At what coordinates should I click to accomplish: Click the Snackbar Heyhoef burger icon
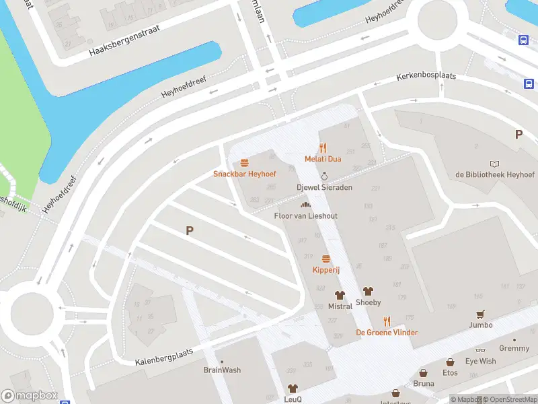[x=244, y=162]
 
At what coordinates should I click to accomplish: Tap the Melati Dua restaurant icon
[x=323, y=148]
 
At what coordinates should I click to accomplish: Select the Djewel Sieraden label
[x=324, y=187]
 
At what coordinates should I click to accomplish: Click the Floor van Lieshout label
[x=305, y=215]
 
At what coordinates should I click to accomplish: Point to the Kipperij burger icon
[x=326, y=259]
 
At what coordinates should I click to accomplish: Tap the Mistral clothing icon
[x=340, y=295]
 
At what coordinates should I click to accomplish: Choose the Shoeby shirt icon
[x=368, y=292]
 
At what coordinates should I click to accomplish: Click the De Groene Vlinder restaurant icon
[x=387, y=321]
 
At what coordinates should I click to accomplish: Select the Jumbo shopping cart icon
[x=480, y=314]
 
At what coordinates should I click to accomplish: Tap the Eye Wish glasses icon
[x=480, y=351]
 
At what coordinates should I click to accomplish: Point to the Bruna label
[x=424, y=384]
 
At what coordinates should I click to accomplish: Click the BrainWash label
[x=222, y=370]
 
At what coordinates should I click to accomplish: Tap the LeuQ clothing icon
[x=293, y=389]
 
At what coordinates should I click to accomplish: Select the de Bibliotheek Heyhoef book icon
[x=495, y=164]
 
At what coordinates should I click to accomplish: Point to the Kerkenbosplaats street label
[x=426, y=76]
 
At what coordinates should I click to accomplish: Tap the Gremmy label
[x=514, y=348]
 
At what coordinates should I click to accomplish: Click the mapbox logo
[x=30, y=395]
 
